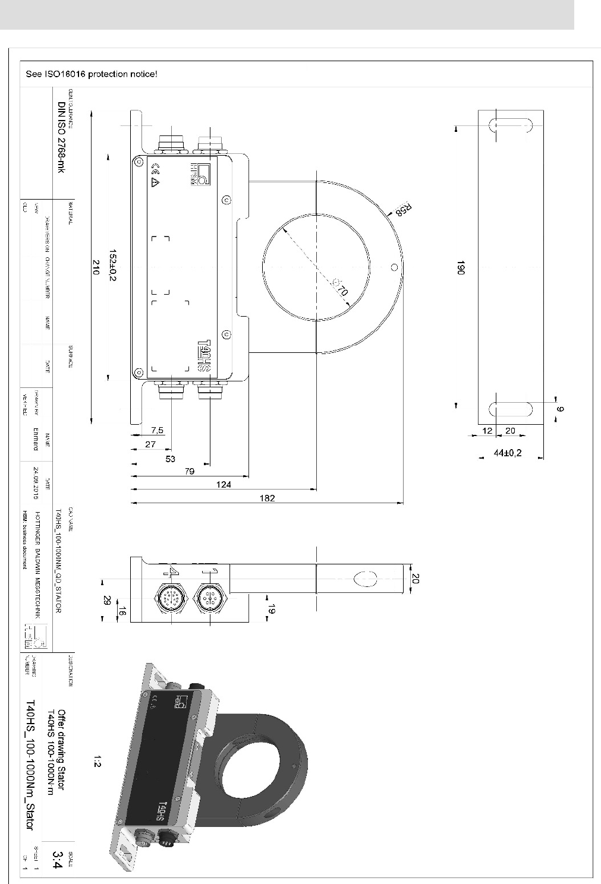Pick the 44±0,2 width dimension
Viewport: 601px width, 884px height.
point(507,453)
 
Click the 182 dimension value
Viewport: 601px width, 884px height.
point(268,498)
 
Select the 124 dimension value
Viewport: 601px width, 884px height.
point(224,484)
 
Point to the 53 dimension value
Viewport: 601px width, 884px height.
point(171,458)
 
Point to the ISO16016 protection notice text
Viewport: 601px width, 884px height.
point(92,75)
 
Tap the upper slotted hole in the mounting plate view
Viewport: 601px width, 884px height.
point(509,126)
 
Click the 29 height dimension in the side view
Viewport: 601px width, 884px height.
point(106,600)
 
